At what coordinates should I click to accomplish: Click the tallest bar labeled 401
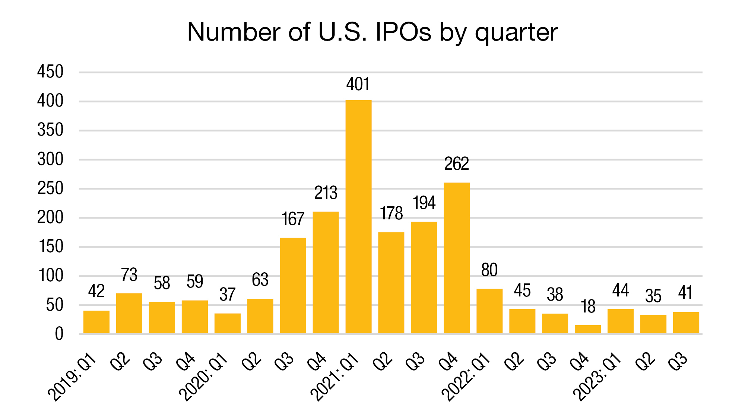358,216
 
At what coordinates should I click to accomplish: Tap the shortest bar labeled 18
588,329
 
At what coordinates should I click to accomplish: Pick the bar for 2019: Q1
96,322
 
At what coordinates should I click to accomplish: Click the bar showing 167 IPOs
293,285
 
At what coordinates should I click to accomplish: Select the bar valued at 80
489,311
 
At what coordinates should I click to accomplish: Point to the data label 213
326,193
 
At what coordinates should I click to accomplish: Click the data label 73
129,275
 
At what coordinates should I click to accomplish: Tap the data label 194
424,203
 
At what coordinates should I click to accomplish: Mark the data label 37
227,295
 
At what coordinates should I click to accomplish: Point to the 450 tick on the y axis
50,72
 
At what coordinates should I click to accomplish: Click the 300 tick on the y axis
50,159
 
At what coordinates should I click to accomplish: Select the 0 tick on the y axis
59,334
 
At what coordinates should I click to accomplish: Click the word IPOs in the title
403,32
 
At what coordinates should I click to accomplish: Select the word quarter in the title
516,33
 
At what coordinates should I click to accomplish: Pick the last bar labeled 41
686,323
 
